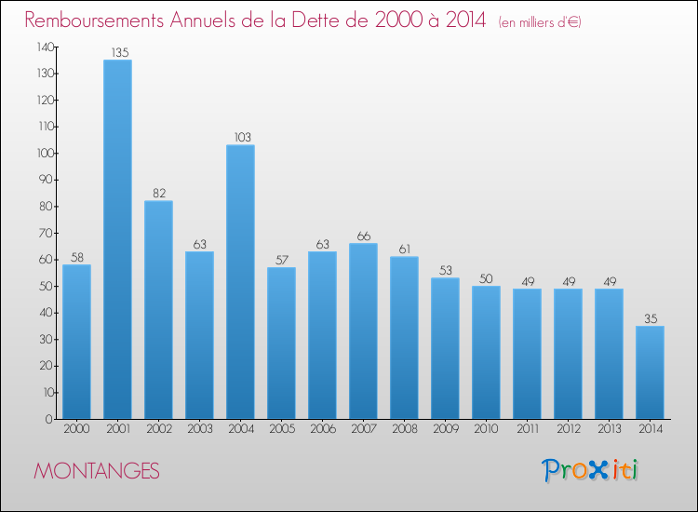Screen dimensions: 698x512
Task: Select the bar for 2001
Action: click(x=117, y=239)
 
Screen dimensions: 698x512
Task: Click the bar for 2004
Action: click(x=240, y=282)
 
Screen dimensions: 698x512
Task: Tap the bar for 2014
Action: click(x=650, y=372)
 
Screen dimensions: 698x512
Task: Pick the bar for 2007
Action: click(x=363, y=331)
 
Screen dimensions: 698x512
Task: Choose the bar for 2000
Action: click(x=76, y=342)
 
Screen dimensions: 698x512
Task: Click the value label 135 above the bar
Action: click(x=120, y=52)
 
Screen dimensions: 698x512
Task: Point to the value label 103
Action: click(x=243, y=137)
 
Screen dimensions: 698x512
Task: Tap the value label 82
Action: click(x=159, y=194)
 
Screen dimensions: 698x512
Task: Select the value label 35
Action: click(x=651, y=318)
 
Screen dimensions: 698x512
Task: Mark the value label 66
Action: click(x=364, y=236)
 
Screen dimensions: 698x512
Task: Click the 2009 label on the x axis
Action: click(x=446, y=429)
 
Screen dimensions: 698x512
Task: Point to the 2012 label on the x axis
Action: click(x=569, y=429)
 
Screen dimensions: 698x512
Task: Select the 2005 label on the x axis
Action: click(x=282, y=429)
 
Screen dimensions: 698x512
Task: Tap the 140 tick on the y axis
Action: click(x=46, y=47)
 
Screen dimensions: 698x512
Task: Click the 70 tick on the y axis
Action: click(x=47, y=233)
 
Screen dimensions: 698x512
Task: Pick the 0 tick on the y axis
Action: click(x=49, y=419)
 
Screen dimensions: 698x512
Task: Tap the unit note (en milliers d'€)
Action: click(x=540, y=21)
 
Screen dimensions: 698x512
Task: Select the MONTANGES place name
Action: click(x=97, y=471)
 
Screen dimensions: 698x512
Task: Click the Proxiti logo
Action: click(x=590, y=470)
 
